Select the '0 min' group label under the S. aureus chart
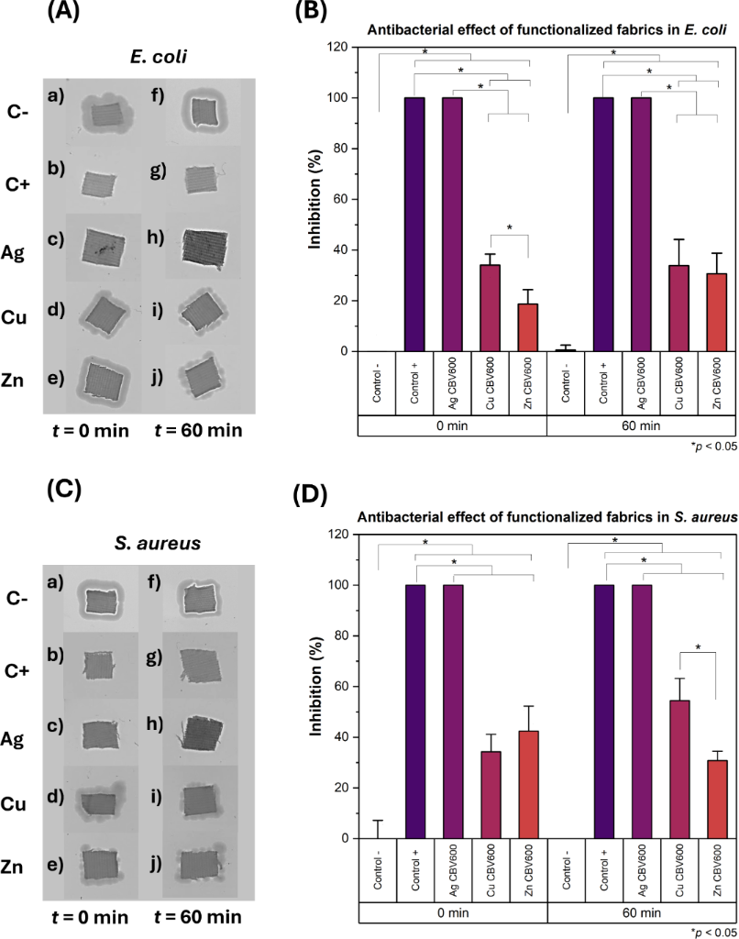coord(453,914)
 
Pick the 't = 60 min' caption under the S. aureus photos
coord(198,916)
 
